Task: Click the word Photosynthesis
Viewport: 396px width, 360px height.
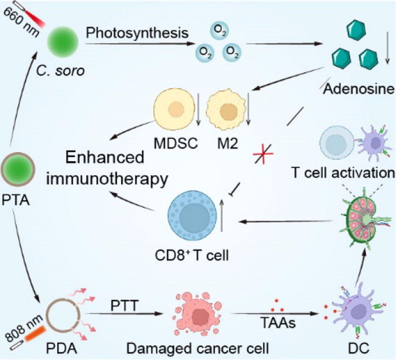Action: click(137, 33)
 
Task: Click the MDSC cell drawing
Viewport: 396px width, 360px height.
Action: click(174, 111)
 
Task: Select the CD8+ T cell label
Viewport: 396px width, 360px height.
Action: click(192, 255)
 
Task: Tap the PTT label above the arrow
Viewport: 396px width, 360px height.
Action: click(124, 306)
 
